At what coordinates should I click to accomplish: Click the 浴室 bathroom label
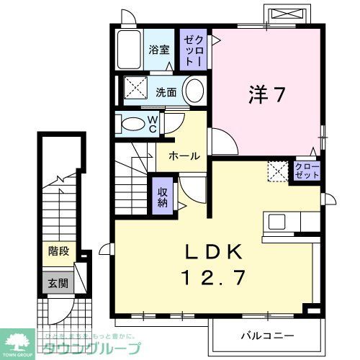158,50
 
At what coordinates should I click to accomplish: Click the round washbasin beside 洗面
193,91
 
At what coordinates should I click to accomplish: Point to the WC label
153,124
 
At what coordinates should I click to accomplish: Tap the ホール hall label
184,156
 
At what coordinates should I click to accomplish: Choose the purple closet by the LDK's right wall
305,172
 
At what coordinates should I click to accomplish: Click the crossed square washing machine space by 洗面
133,91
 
